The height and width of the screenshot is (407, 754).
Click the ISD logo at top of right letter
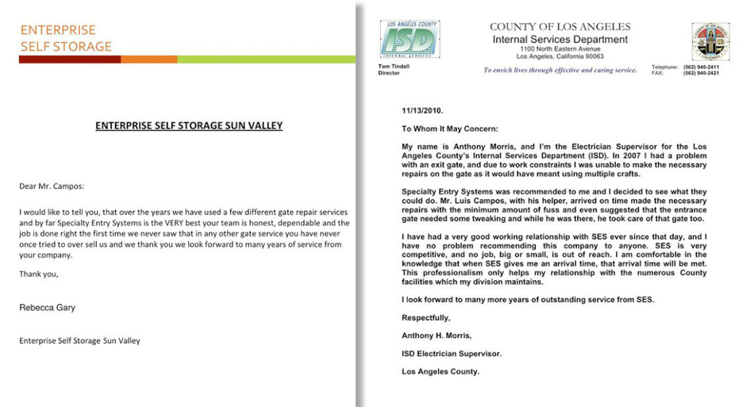409,39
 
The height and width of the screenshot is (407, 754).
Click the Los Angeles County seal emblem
710,40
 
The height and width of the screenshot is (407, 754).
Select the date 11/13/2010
421,112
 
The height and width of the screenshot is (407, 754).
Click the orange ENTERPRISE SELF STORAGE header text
66,38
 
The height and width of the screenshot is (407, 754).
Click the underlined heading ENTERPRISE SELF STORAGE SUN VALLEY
189,125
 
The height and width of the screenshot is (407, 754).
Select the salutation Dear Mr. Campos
51,186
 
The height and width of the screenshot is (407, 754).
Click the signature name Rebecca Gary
49,307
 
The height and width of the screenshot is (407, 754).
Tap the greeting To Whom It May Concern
449,129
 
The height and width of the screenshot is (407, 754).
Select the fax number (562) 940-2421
701,73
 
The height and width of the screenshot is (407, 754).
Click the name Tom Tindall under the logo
394,67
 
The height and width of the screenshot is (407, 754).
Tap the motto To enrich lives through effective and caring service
560,70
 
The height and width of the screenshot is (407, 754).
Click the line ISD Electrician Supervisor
451,354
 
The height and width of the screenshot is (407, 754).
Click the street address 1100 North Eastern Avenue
560,48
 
